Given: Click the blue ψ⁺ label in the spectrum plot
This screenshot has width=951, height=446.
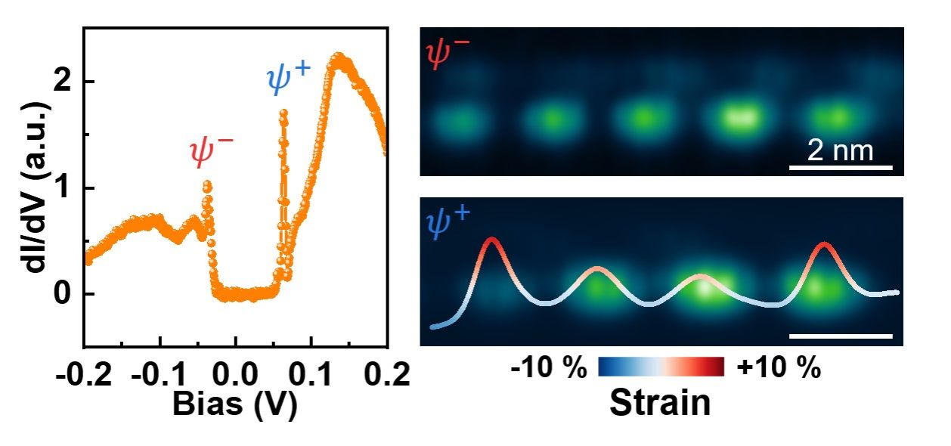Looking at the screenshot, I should [288, 80].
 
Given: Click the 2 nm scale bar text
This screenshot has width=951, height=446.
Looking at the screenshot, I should [839, 150].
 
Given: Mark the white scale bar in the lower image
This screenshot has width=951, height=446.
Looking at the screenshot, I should [841, 336].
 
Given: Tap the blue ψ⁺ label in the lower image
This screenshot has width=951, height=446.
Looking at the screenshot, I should [448, 223].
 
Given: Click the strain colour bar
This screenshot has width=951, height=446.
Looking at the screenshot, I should [661, 367].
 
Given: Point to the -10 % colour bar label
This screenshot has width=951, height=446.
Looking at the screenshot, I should [548, 369].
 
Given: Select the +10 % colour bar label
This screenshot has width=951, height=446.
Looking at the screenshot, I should [778, 369].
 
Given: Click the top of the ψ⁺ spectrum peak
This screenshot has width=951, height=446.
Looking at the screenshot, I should [283, 113].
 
